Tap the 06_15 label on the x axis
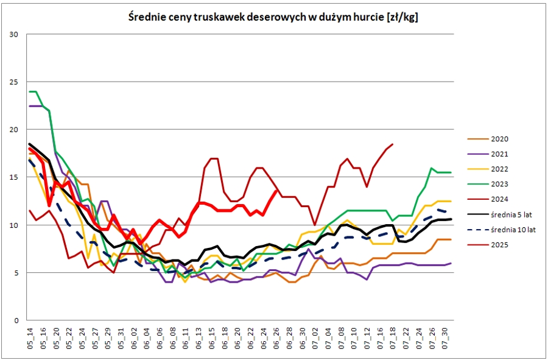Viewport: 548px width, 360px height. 211,338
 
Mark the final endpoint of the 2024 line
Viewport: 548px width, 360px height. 393,144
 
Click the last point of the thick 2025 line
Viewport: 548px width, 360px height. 277,190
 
